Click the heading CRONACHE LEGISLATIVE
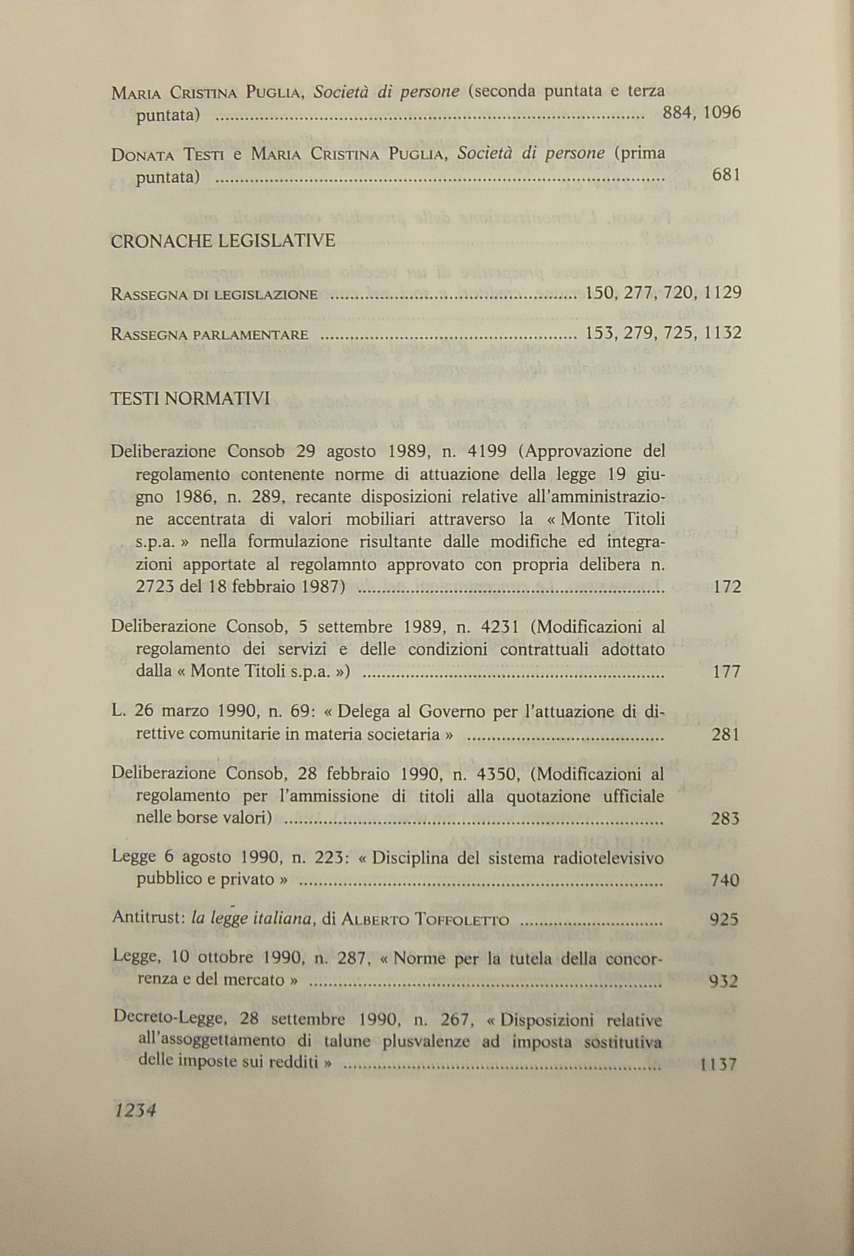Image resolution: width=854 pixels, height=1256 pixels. point(223,241)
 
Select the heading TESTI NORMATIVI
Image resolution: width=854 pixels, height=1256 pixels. point(190,399)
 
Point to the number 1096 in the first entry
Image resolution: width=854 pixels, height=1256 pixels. point(722,113)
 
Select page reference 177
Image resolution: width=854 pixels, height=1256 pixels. point(726,672)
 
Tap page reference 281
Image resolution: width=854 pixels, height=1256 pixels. point(726,734)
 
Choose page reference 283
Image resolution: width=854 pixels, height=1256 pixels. point(725,819)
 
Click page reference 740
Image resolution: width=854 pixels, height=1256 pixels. point(725,881)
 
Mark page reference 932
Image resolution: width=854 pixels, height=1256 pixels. point(723,981)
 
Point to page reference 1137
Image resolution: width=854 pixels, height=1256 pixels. point(718,1065)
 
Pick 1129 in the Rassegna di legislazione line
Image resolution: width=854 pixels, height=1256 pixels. point(721,293)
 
